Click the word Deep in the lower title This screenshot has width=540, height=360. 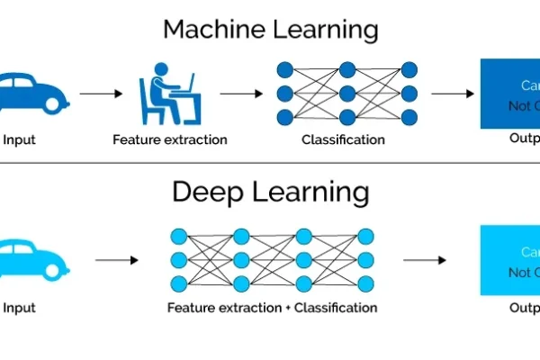coord(205,192)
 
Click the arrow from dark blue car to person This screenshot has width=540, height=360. coord(99,93)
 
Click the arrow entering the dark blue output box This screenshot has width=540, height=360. coord(452,93)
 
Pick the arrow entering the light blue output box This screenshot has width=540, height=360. coord(424,260)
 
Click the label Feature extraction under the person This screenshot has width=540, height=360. coord(170,139)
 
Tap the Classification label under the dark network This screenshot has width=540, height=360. coord(343,139)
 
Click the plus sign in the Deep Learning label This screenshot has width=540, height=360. coord(288,308)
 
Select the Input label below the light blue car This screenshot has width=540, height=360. coord(20,308)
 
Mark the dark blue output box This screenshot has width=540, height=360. coord(509,93)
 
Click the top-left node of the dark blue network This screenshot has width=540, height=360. coord(285,68)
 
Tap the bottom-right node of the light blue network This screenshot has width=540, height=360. coord(365,284)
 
